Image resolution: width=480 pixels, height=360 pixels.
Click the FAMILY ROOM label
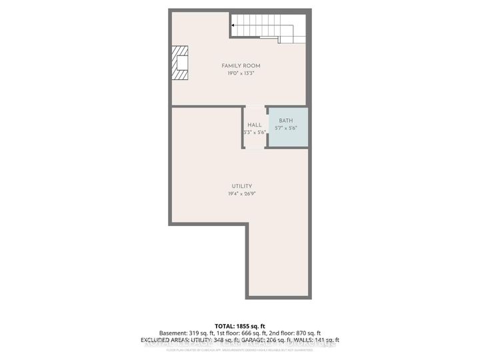pyautogui.click(x=241, y=65)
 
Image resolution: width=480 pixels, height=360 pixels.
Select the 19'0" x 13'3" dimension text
pyautogui.click(x=241, y=73)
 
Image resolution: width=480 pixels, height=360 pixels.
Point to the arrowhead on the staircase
pyautogui.click(x=234, y=27)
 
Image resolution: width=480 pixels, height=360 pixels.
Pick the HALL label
pyautogui.click(x=255, y=125)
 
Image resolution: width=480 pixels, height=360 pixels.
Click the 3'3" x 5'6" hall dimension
pyautogui.click(x=255, y=133)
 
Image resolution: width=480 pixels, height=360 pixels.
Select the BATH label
pyautogui.click(x=286, y=121)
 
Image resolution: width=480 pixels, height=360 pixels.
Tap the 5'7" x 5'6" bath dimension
pyautogui.click(x=286, y=129)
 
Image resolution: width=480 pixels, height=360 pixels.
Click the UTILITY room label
pyautogui.click(x=241, y=186)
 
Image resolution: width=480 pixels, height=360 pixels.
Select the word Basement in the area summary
pyautogui.click(x=172, y=333)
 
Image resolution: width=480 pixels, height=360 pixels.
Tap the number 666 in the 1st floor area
pyautogui.click(x=249, y=333)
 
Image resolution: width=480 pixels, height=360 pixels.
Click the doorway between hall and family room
pyautogui.click(x=255, y=106)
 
